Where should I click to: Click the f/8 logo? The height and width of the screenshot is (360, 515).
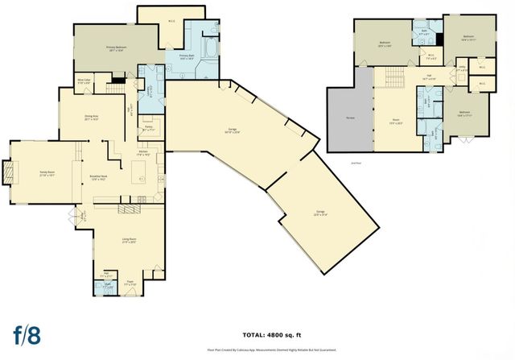pyautogui.click(x=27, y=334)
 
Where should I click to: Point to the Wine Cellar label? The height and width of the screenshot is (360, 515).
pyautogui.click(x=84, y=81)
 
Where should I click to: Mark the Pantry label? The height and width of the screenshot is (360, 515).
pyautogui.click(x=149, y=127)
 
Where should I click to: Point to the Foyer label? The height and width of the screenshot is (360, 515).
pyautogui.click(x=130, y=283)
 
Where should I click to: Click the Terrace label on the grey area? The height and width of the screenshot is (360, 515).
pyautogui.click(x=350, y=118)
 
